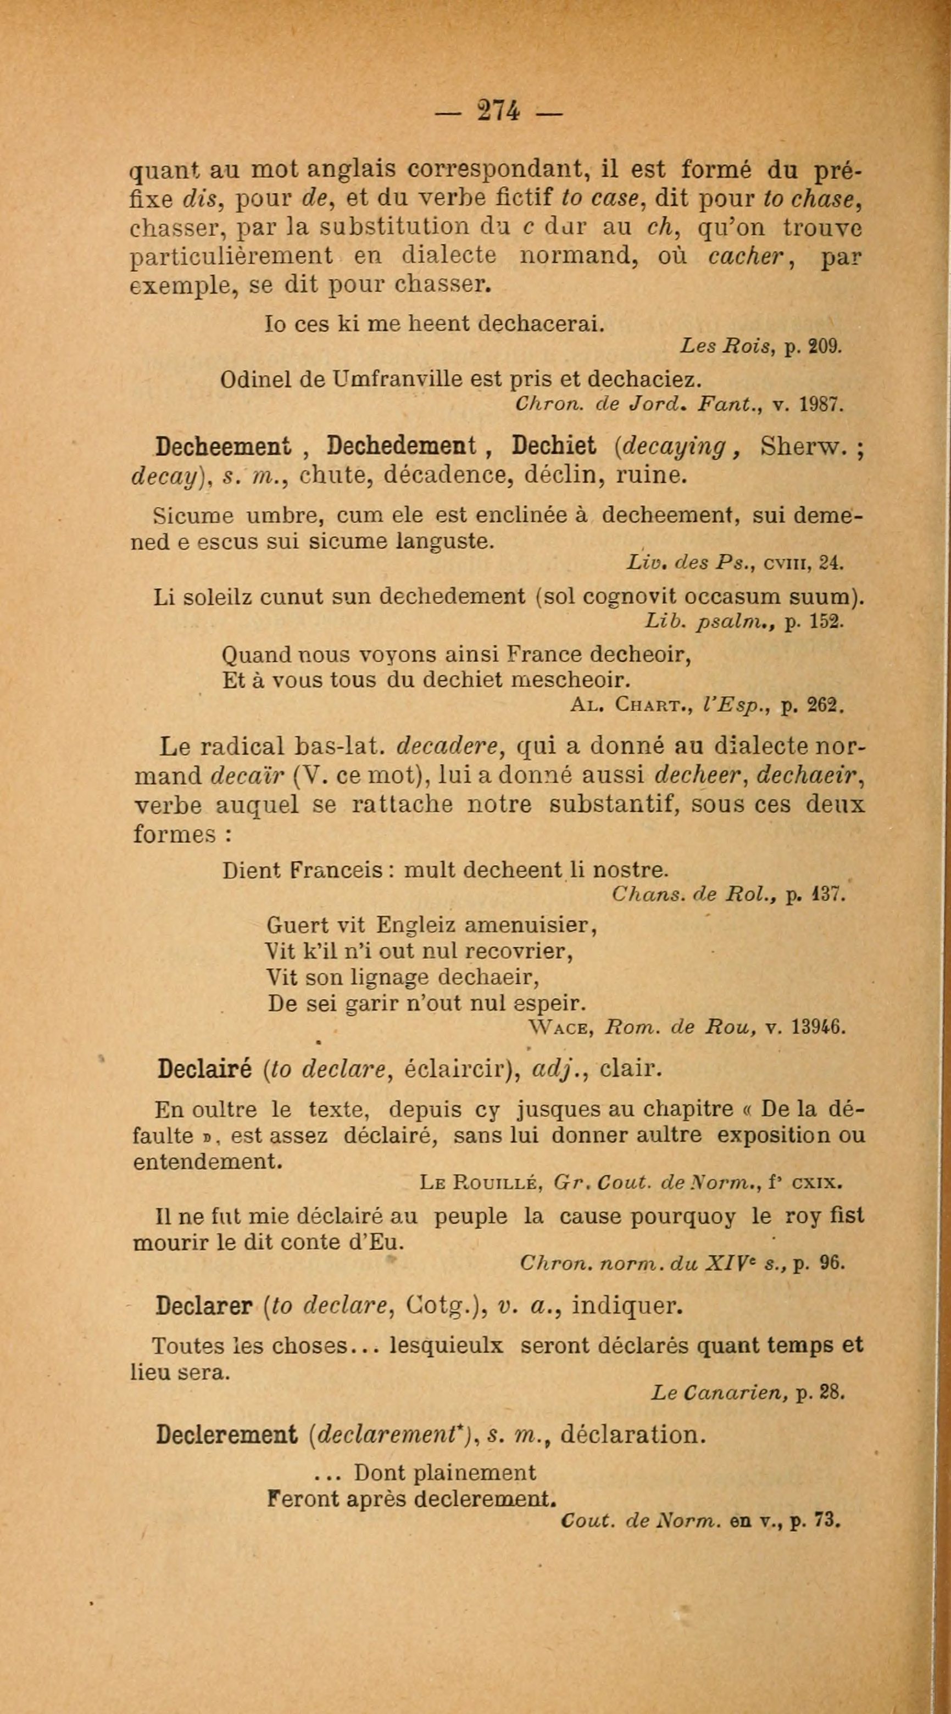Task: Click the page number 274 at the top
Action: [498, 111]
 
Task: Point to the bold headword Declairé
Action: [204, 1069]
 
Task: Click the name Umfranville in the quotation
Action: [388, 379]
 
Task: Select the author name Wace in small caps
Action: [560, 1028]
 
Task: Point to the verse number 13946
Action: [817, 1028]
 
